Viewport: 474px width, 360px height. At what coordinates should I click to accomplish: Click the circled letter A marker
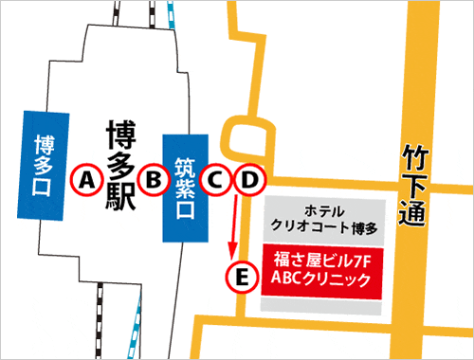tap(87, 177)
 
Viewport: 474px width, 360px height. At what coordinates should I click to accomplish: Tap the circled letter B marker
tap(152, 177)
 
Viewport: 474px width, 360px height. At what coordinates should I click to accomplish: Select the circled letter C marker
tap(217, 177)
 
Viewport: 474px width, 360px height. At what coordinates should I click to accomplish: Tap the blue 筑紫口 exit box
tap(184, 189)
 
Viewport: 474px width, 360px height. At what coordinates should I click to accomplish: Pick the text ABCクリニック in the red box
tap(319, 278)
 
